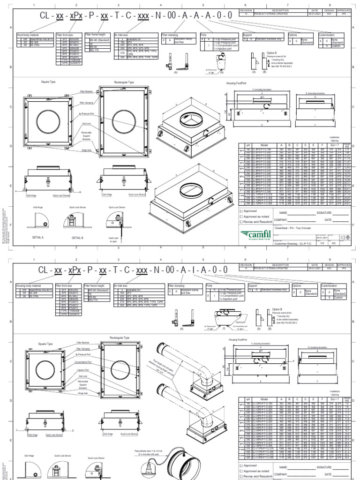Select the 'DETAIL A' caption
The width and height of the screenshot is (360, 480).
pos(37,238)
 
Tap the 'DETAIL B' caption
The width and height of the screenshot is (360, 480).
pos(78,238)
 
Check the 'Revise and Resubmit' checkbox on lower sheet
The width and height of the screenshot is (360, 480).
pos(241,475)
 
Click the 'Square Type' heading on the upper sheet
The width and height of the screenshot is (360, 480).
pos(48,82)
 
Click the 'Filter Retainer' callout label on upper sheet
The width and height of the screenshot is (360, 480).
pos(86,92)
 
